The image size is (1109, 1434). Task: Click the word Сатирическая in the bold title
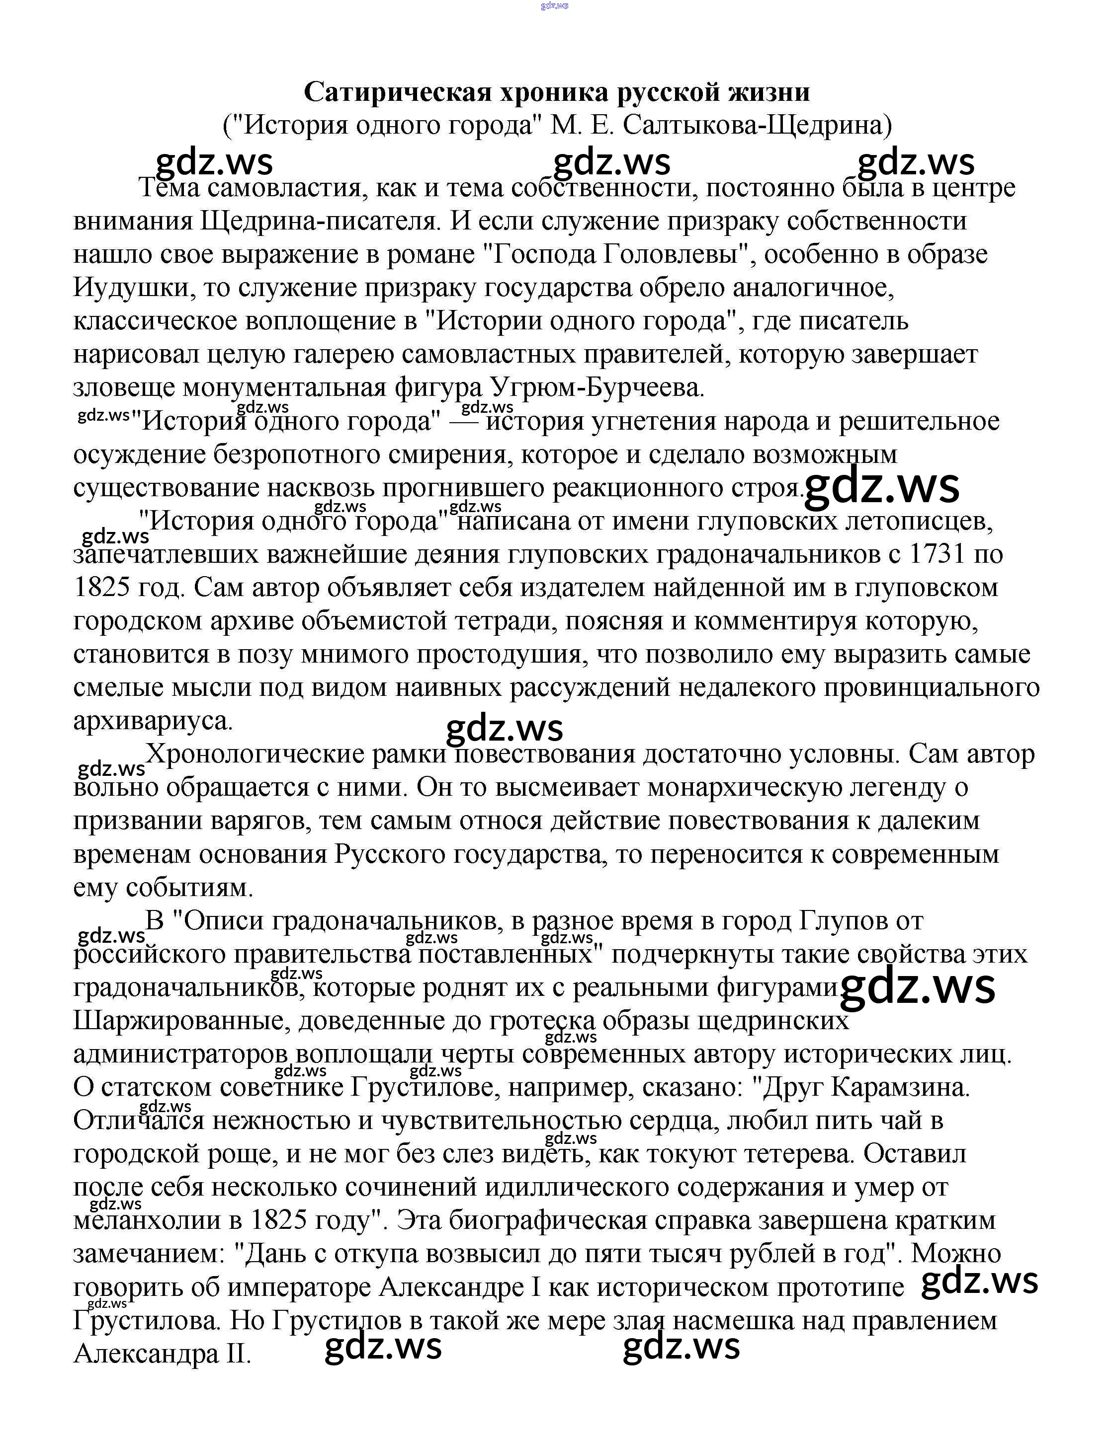398,92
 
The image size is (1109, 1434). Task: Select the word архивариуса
153,721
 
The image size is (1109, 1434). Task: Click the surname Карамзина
901,1088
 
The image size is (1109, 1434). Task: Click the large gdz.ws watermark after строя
882,487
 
